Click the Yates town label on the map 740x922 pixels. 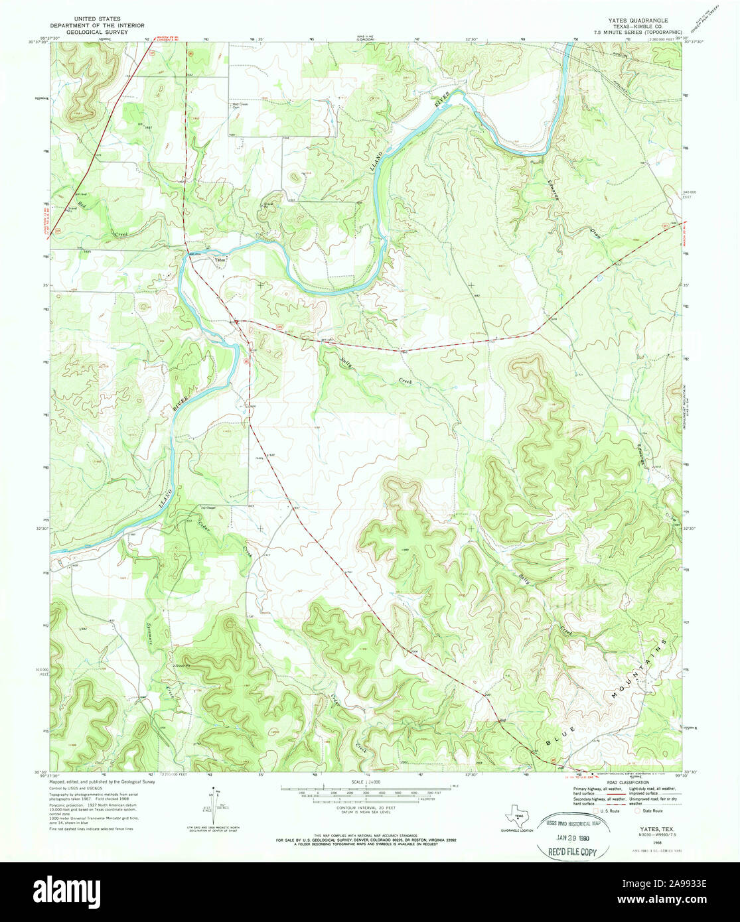click(220, 259)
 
